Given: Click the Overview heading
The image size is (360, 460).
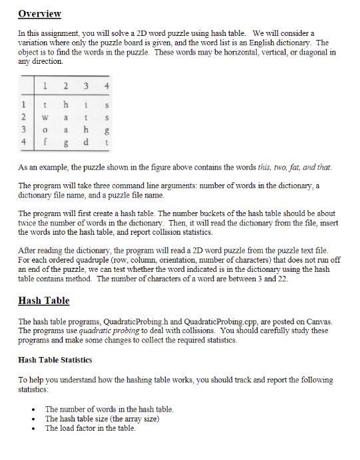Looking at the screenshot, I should (40, 14).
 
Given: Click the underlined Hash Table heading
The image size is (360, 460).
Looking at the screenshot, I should (44, 300).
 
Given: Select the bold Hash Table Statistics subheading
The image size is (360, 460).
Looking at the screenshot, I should (55, 360).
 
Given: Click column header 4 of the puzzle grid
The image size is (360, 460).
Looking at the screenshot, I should (108, 86).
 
